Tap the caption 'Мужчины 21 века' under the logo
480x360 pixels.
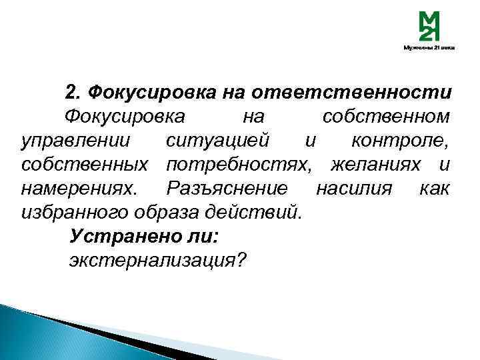(429, 49)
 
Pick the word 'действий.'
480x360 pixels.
(265, 213)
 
